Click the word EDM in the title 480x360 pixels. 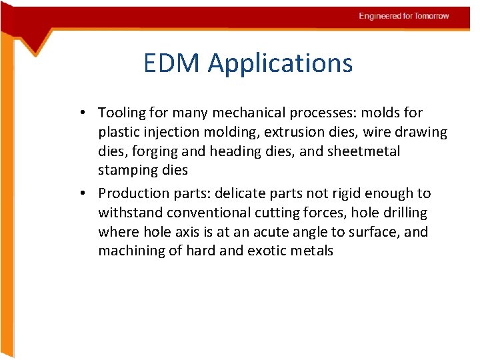[172, 63]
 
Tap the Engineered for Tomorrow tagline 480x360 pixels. [403, 16]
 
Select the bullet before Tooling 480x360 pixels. [88, 113]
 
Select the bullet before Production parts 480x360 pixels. [88, 194]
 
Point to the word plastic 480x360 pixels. [119, 133]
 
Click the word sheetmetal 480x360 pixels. [363, 151]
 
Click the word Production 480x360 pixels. [133, 193]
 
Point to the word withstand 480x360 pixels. [130, 213]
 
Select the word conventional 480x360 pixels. [209, 213]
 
